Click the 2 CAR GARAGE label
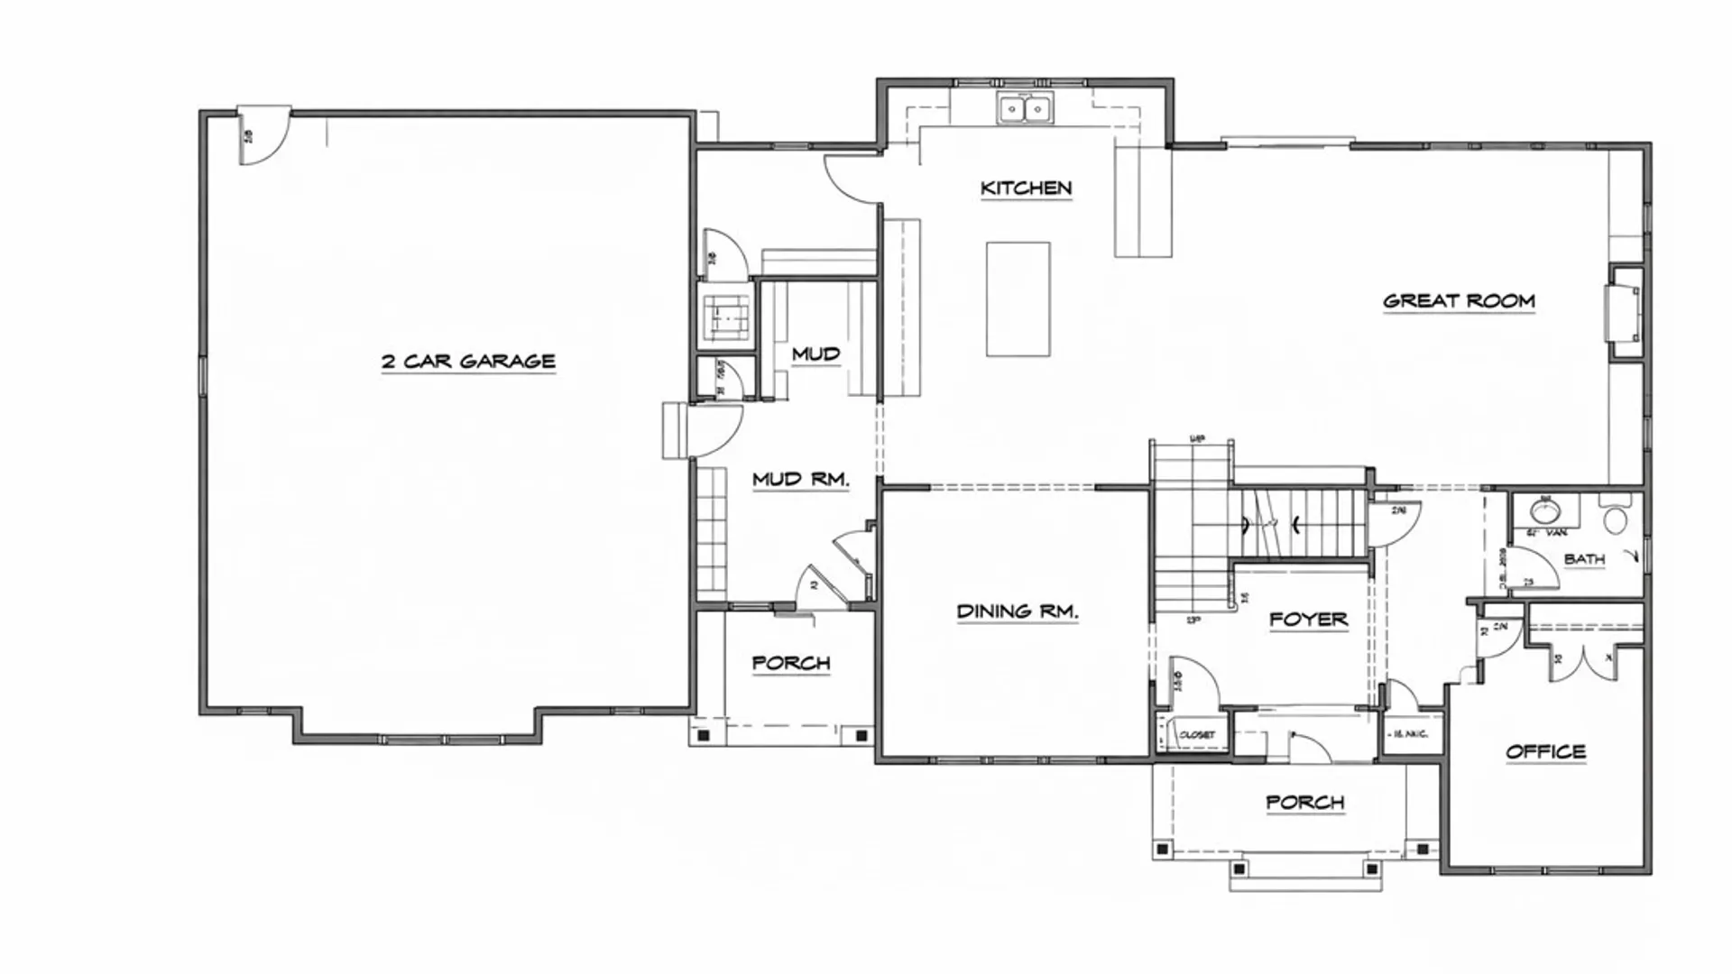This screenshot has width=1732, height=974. tap(467, 362)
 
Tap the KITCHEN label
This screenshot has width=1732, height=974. tap(1026, 188)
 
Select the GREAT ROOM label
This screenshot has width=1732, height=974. tap(1459, 301)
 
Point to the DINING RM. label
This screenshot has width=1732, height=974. tap(1017, 611)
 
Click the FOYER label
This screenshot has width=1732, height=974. tap(1308, 620)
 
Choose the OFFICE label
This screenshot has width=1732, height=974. tap(1545, 752)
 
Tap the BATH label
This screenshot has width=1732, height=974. tap(1584, 559)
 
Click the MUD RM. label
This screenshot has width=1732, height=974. tap(800, 480)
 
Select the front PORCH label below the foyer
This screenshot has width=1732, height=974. tap(1304, 803)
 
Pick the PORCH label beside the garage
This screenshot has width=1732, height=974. tap(790, 664)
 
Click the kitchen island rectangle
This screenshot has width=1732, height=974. tap(1018, 299)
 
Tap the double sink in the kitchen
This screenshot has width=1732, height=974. tap(1026, 109)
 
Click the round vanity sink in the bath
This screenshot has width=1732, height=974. tap(1545, 512)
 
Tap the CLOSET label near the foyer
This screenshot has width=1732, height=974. tap(1197, 735)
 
